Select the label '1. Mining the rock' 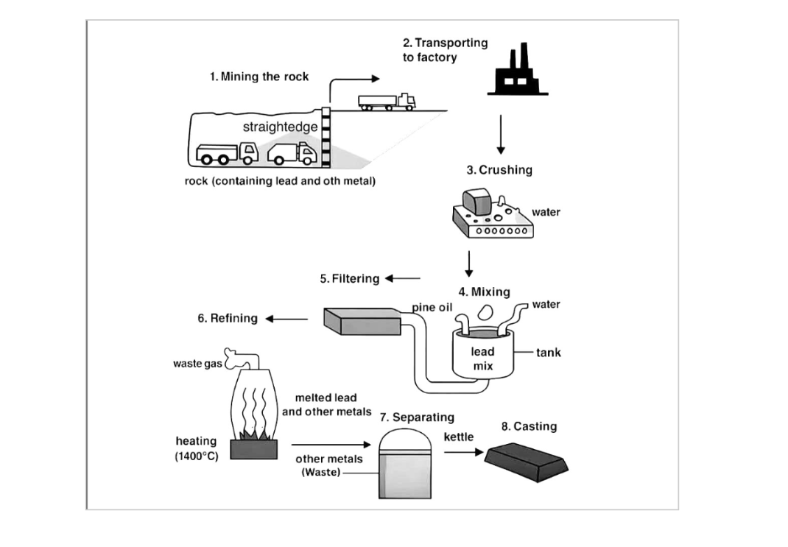(x=259, y=77)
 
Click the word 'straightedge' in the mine (x=280, y=127)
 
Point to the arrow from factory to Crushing (x=501, y=134)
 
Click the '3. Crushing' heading (x=499, y=170)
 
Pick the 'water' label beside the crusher (x=546, y=212)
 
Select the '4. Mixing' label (x=484, y=292)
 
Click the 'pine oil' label (x=432, y=306)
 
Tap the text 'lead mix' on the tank (x=482, y=359)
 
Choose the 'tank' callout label (x=548, y=353)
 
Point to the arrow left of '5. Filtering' (x=402, y=278)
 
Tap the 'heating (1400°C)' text (x=197, y=448)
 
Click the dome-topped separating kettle (x=404, y=463)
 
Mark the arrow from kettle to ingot (x=460, y=452)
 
